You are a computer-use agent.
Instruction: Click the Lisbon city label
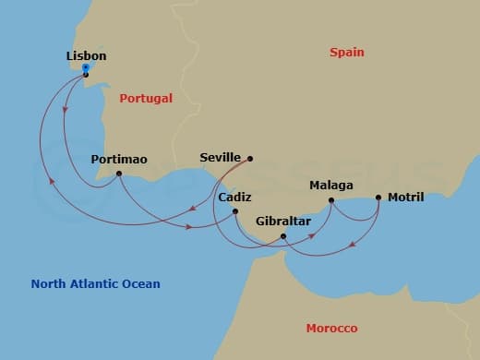(87, 56)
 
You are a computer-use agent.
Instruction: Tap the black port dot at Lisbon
(86, 75)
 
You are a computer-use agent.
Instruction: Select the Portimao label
(119, 160)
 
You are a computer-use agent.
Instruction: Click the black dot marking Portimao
(119, 174)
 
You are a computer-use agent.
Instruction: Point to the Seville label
(220, 158)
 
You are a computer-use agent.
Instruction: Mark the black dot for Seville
(250, 158)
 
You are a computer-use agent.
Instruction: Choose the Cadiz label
(235, 198)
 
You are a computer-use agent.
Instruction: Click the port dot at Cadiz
(235, 212)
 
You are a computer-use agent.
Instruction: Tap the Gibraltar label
(283, 222)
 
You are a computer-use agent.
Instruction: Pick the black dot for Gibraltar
(283, 236)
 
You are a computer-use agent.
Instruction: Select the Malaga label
(331, 185)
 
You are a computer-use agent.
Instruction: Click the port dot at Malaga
(331, 198)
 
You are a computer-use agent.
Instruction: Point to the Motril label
(406, 197)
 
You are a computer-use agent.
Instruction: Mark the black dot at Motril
(378, 197)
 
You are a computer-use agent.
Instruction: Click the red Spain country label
(347, 53)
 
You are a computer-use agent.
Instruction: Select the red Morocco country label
(331, 329)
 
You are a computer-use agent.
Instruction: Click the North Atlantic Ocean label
(95, 284)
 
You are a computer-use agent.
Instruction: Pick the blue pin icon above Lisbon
(86, 67)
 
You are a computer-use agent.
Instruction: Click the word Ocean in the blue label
(141, 284)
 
